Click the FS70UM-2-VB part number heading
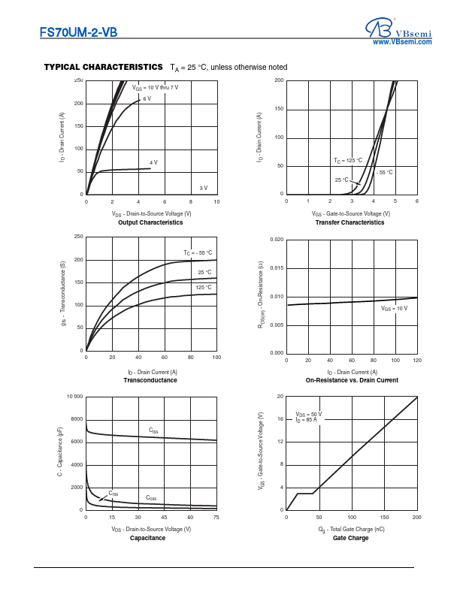[x=79, y=33]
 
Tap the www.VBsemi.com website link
[x=402, y=42]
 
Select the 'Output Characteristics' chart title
[x=150, y=222]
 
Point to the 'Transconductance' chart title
[x=150, y=380]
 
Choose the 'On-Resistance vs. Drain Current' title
[x=352, y=380]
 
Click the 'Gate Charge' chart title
[x=351, y=538]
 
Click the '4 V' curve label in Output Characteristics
[x=153, y=162]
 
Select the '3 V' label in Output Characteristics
[x=203, y=187]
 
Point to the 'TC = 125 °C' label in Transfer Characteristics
[x=348, y=161]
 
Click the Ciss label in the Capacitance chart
[x=153, y=430]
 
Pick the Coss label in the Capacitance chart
[x=151, y=498]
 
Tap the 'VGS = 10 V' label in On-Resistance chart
[x=394, y=309]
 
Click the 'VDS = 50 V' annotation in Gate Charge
[x=308, y=414]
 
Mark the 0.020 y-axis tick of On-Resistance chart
[x=276, y=240]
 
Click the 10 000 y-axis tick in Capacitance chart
[x=74, y=396]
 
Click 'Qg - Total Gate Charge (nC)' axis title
[x=351, y=529]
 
